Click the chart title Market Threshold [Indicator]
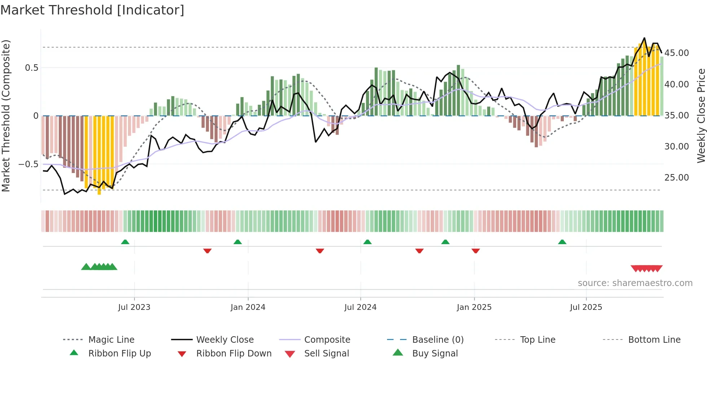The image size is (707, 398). click(x=92, y=10)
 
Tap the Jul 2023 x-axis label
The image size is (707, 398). click(x=134, y=307)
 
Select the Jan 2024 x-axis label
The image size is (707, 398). click(x=248, y=307)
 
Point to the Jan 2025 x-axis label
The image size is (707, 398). click(x=474, y=307)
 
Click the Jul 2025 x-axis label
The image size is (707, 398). click(x=586, y=307)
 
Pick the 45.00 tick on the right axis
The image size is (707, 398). click(x=676, y=53)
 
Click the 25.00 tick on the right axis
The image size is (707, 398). click(x=676, y=178)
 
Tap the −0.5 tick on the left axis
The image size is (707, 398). click(x=28, y=164)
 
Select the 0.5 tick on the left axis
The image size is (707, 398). click(x=31, y=68)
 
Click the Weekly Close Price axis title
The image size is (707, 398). click(x=701, y=116)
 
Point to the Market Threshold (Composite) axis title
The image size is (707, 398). click(x=6, y=116)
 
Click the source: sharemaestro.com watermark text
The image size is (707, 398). click(x=635, y=283)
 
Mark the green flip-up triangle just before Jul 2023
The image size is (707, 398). click(x=125, y=242)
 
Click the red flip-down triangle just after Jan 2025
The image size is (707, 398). click(x=475, y=251)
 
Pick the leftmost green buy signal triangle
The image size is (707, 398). click(x=86, y=267)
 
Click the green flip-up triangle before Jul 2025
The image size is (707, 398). click(x=562, y=242)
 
